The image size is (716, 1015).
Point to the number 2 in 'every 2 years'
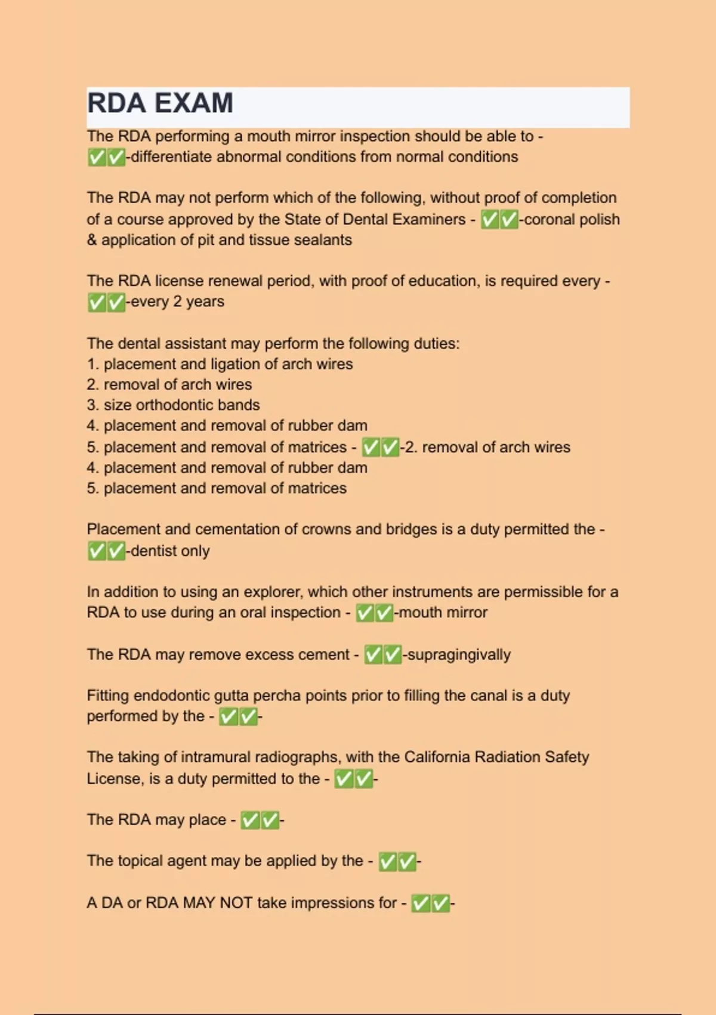pos(177,302)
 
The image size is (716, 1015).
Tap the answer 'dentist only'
pos(170,551)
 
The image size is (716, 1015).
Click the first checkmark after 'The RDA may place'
pos(250,821)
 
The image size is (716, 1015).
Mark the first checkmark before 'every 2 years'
pos(97,303)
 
